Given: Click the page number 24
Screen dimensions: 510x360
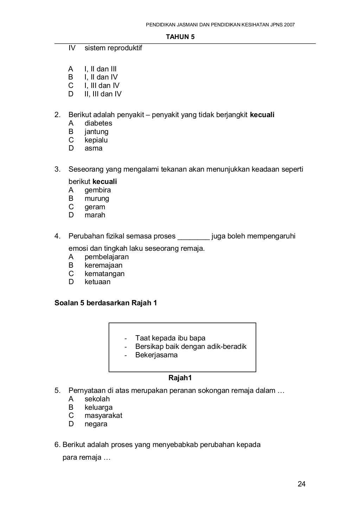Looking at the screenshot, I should click(301, 484).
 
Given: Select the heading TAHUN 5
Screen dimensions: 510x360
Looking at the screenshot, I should click(180, 37).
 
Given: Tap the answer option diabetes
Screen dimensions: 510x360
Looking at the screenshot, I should click(98, 123).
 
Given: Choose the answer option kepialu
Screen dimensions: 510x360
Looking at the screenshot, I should click(96, 140).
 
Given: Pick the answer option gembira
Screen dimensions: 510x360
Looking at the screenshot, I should click(97, 190).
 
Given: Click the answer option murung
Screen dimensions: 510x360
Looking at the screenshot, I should click(97, 199).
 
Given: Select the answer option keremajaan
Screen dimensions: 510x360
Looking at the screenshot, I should click(103, 266).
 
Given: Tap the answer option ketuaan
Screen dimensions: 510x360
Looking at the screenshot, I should click(97, 282).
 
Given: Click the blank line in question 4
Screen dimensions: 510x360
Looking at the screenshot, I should click(194, 237).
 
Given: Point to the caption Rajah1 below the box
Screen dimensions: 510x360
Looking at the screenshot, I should click(180, 378).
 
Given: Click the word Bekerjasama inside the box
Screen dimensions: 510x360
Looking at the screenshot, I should click(156, 355).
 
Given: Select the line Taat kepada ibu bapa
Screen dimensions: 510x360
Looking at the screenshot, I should click(170, 338).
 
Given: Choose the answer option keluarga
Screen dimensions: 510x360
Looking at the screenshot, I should click(98, 408).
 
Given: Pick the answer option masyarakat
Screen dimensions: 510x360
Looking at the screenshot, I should click(103, 416).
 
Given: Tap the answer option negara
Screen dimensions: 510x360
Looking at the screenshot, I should click(96, 424).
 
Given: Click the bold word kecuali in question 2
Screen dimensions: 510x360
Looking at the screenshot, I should click(262, 115).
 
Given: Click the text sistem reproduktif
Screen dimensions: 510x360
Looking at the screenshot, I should click(113, 48).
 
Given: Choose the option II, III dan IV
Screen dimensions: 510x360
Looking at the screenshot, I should click(103, 94).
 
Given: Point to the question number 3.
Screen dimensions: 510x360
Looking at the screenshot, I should click(57, 170).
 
